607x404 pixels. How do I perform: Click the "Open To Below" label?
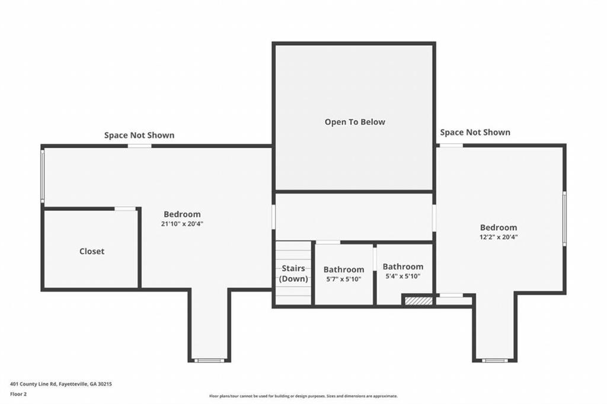click(x=354, y=122)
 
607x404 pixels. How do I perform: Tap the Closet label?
click(x=92, y=251)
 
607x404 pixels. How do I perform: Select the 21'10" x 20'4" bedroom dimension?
click(x=182, y=224)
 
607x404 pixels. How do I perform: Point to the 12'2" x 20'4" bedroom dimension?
click(x=499, y=237)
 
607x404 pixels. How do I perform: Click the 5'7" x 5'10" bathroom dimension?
click(x=344, y=278)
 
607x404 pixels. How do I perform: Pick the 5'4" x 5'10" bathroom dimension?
click(x=403, y=276)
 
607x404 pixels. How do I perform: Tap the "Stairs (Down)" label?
click(x=293, y=273)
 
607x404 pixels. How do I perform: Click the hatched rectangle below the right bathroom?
click(x=418, y=301)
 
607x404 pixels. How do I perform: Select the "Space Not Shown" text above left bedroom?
click(x=139, y=135)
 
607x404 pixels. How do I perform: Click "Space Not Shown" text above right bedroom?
click(x=475, y=132)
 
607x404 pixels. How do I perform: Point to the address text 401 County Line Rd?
click(x=61, y=384)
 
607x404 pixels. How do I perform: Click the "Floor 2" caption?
click(x=18, y=395)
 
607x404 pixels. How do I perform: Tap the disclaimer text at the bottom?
click(x=303, y=396)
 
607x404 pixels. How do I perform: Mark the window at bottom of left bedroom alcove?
click(x=209, y=361)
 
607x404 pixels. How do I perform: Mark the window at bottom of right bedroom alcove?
click(x=495, y=361)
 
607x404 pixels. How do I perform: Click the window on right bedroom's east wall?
click(x=564, y=218)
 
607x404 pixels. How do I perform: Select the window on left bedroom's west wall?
click(x=43, y=176)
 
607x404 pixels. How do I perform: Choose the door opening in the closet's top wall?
click(x=125, y=209)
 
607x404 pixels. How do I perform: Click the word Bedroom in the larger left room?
click(x=182, y=214)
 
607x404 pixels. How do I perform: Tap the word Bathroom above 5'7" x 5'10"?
click(x=344, y=270)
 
